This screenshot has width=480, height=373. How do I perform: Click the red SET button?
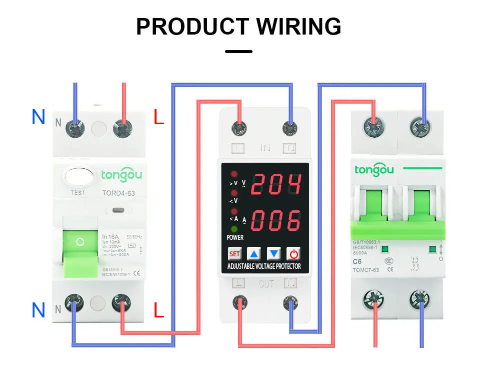[234, 254]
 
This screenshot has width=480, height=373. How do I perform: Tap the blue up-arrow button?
[254, 254]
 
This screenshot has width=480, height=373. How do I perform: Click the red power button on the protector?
[294, 254]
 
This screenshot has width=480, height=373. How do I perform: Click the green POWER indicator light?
[234, 229]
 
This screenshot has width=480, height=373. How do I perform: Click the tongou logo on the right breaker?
[374, 169]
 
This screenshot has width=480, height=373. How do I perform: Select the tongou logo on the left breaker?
[121, 175]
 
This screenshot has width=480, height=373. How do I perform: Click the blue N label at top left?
[38, 117]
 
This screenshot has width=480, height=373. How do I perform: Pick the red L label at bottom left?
[158, 310]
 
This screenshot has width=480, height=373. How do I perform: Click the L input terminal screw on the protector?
[238, 129]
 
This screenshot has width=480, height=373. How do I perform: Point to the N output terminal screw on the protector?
[289, 303]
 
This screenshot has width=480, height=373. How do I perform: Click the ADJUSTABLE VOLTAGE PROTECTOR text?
[264, 266]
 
